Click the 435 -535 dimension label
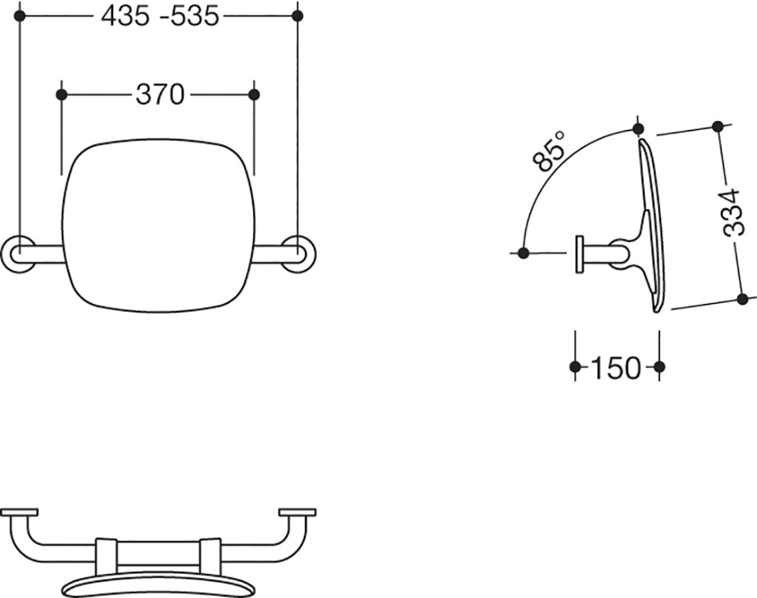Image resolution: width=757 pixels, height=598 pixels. [x=159, y=16]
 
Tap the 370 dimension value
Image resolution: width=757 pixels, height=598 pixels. [x=159, y=95]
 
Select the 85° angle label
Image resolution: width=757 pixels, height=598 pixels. [x=549, y=151]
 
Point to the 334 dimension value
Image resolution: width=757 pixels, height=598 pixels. [x=732, y=212]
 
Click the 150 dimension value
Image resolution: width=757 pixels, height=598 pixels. [x=615, y=368]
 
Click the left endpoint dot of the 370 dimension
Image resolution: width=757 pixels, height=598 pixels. [x=62, y=95]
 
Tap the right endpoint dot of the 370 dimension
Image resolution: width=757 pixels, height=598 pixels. [x=254, y=95]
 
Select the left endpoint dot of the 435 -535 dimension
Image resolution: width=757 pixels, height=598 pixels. [x=20, y=16]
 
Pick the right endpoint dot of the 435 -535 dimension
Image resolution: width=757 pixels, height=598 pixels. [x=298, y=16]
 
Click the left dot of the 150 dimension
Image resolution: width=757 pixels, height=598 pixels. [x=575, y=367]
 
